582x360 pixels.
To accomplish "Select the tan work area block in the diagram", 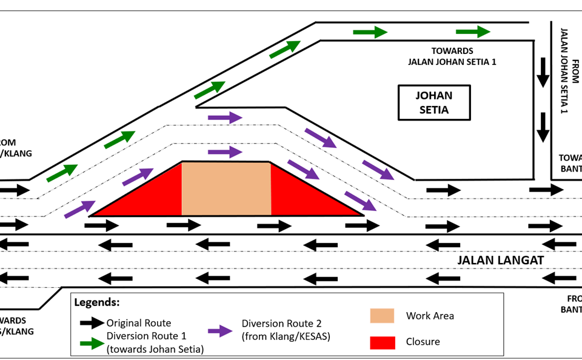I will pos(226,188).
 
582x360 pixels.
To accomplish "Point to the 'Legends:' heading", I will pos(96,302).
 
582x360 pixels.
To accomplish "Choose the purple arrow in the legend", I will pos(221,331).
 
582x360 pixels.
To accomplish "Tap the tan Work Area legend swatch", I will pos(382,316).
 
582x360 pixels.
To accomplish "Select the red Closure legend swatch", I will pos(382,342).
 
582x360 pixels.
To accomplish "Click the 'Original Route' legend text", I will pos(139,323).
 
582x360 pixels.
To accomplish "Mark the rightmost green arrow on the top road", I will pos(473,32).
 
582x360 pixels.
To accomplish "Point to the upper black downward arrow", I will pos(543,72).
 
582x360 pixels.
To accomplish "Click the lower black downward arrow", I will pos(543,127).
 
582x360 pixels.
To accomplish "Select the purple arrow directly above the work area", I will pos(224,152).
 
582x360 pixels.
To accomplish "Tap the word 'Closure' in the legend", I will pos(423,342).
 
